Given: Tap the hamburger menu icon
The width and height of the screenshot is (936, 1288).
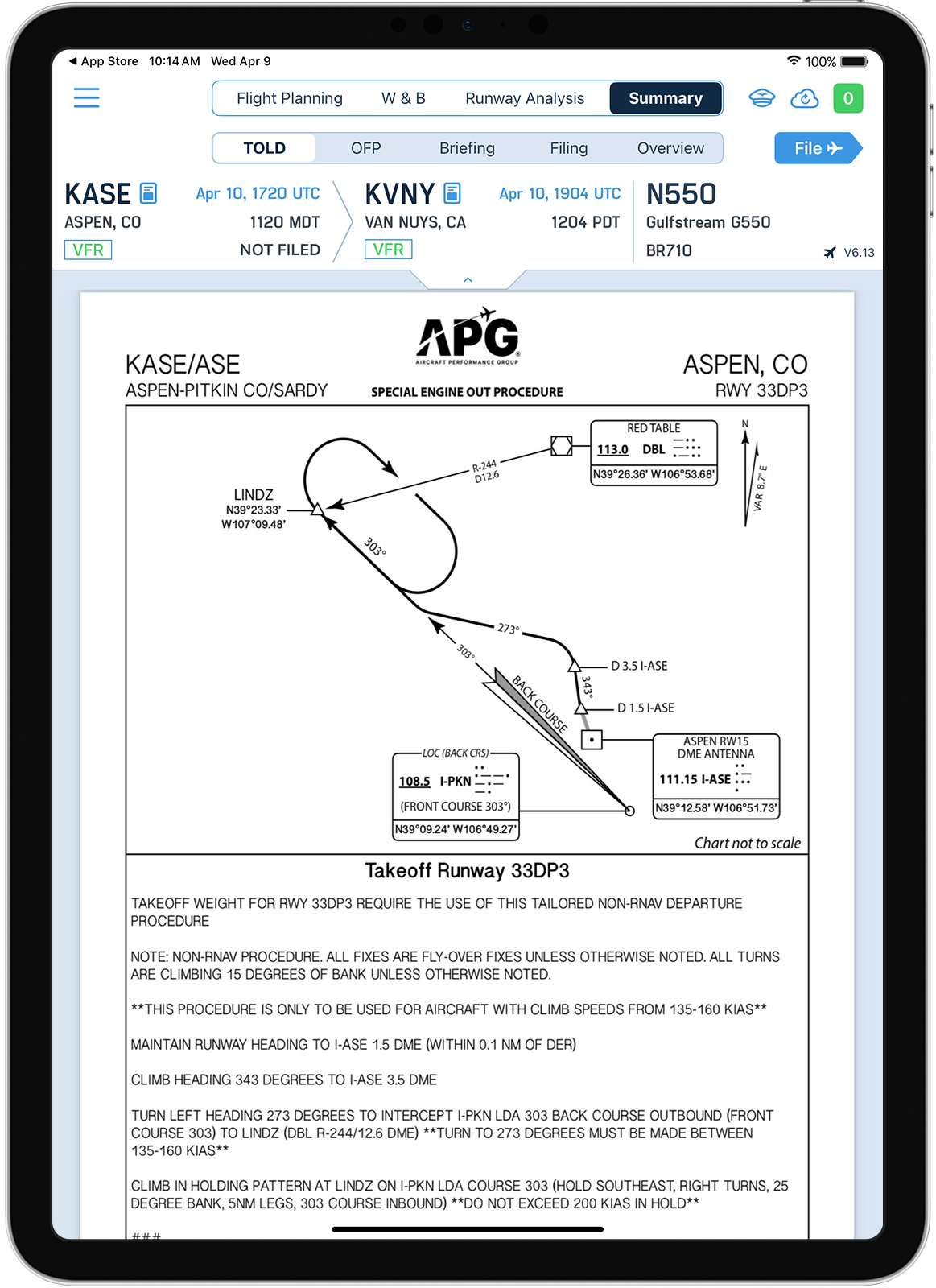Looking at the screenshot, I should pyautogui.click(x=86, y=98).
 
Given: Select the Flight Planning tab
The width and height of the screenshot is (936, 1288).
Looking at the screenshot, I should pyautogui.click(x=289, y=98).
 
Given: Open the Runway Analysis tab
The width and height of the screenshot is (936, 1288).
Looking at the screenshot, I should pyautogui.click(x=524, y=98).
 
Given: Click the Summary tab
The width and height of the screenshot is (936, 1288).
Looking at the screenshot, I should pyautogui.click(x=665, y=98).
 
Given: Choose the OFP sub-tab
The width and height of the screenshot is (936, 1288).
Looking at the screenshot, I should pyautogui.click(x=365, y=148).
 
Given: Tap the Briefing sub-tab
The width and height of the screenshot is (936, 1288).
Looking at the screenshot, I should pyautogui.click(x=467, y=148).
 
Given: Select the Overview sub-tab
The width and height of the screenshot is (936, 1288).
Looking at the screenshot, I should pyautogui.click(x=670, y=148).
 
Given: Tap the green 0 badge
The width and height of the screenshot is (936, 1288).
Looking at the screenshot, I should pyautogui.click(x=847, y=98).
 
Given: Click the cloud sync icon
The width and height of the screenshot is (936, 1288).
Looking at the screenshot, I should pyautogui.click(x=804, y=98).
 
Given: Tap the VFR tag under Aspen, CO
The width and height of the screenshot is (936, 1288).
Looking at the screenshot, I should pyautogui.click(x=88, y=250).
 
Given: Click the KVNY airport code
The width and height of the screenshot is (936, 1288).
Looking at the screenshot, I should pyautogui.click(x=399, y=194).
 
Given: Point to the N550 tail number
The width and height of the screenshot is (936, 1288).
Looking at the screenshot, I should pyautogui.click(x=681, y=194).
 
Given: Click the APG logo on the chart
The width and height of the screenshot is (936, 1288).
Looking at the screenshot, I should pyautogui.click(x=468, y=337).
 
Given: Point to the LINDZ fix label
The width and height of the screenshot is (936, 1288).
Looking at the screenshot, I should pyautogui.click(x=253, y=494).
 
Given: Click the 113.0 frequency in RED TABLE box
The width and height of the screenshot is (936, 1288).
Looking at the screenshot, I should pyautogui.click(x=612, y=449).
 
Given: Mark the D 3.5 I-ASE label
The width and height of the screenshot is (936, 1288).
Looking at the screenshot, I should pyautogui.click(x=639, y=666).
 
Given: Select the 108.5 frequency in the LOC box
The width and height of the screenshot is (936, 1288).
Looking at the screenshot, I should pyautogui.click(x=414, y=781).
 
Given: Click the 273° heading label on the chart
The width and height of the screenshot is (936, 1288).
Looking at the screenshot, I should pyautogui.click(x=508, y=628).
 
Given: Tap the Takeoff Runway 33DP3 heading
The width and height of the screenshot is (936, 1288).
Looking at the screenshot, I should pyautogui.click(x=467, y=870).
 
